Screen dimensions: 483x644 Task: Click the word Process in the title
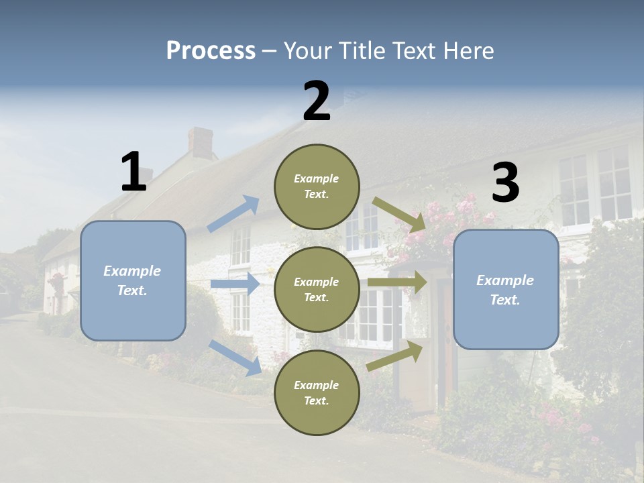click(x=211, y=51)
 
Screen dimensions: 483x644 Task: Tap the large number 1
click(x=133, y=172)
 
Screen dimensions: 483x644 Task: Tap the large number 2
click(x=317, y=101)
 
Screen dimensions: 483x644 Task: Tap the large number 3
click(x=505, y=183)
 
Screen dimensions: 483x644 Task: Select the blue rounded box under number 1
click(x=133, y=280)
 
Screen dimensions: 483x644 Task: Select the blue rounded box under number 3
click(x=506, y=289)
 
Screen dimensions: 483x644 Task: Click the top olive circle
click(x=317, y=186)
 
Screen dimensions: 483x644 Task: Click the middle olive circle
click(x=317, y=289)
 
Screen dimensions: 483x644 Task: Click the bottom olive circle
click(x=317, y=392)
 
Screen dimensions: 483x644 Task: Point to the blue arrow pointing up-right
click(x=233, y=214)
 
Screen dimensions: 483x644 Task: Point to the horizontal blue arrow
click(x=235, y=284)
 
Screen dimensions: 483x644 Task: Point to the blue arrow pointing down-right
click(x=235, y=358)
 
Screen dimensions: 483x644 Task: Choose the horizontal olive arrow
click(x=397, y=282)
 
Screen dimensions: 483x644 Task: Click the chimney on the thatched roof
click(x=200, y=143)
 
